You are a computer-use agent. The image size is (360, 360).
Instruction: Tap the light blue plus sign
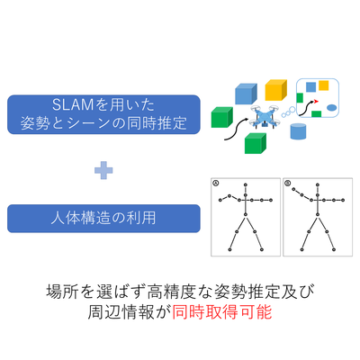tap(103, 170)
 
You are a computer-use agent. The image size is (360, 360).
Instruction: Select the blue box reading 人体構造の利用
tap(103, 219)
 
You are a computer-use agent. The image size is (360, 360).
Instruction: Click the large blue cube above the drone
tap(246, 94)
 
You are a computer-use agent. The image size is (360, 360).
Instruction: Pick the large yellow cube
tap(276, 90)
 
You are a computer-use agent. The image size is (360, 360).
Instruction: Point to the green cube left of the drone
tap(222, 117)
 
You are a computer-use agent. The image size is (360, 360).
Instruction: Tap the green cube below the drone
tap(256, 143)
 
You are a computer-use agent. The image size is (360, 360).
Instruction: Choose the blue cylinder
tap(298, 131)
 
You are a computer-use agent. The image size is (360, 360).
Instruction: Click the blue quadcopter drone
tap(265, 116)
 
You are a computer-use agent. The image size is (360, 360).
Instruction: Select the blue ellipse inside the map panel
tap(331, 107)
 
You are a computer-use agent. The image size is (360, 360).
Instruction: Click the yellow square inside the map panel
tap(323, 85)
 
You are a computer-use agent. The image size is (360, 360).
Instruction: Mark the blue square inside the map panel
tap(310, 87)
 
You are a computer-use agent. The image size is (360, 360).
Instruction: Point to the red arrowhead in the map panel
tap(315, 102)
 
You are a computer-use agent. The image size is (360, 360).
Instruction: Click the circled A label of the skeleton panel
tap(215, 183)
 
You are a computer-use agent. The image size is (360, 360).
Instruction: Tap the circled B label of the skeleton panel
tap(287, 183)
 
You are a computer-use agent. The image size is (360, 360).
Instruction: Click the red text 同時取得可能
tap(222, 312)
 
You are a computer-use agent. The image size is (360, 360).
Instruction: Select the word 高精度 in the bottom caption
tap(172, 292)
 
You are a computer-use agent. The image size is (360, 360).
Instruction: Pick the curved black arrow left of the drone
tap(236, 130)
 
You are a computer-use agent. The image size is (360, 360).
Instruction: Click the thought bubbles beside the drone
tap(288, 112)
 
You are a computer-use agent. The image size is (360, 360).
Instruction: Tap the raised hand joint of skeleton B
tap(293, 189)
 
